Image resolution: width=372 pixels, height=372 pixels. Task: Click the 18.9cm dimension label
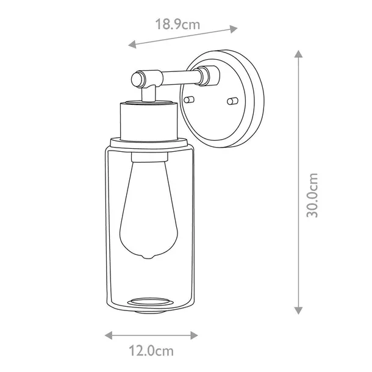coord(177,24)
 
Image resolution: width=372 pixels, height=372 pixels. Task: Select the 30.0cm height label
coord(312,195)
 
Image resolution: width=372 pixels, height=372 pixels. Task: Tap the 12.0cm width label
coord(151,351)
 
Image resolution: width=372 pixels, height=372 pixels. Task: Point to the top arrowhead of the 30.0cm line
coord(298,54)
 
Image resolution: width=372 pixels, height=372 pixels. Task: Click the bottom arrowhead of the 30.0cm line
coord(298,310)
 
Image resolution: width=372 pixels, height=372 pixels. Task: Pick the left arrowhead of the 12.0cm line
coord(109,335)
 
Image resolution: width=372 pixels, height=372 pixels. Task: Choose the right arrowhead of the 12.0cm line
coord(194,335)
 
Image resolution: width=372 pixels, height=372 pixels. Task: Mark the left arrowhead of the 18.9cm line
coord(132,44)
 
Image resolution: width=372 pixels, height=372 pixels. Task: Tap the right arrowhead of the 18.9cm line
coord(234,29)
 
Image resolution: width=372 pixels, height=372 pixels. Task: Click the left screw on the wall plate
coord(189,99)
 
